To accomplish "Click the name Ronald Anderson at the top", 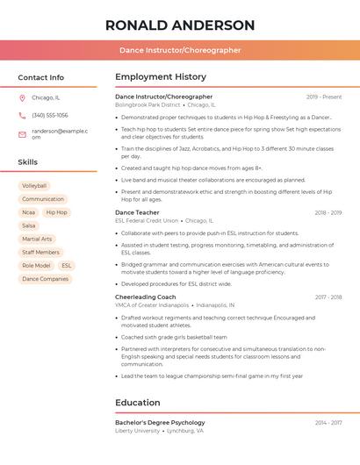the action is tap(180, 25).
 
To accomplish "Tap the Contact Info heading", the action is tap(41, 77).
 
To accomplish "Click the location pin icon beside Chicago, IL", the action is tap(22, 97).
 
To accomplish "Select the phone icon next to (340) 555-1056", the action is tap(22, 115).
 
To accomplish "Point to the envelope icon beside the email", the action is tap(22, 133).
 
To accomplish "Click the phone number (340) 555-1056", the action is tap(50, 115).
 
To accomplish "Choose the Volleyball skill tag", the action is tap(34, 186).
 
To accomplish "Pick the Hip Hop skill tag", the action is tap(56, 212).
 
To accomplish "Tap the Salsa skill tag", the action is tap(29, 225).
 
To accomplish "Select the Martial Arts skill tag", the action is tap(37, 239).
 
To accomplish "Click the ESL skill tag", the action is tap(67, 265).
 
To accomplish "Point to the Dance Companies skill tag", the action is tap(45, 279).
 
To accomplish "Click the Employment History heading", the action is tap(161, 77).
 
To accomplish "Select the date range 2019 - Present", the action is tap(324, 97).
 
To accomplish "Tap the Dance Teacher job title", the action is tap(137, 212).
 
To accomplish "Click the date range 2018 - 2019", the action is tap(328, 212).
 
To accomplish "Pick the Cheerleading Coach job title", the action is tap(146, 297).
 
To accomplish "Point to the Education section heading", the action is tap(138, 403).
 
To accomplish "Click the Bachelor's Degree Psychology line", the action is tap(160, 422).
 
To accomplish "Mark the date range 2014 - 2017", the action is tap(328, 422).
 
